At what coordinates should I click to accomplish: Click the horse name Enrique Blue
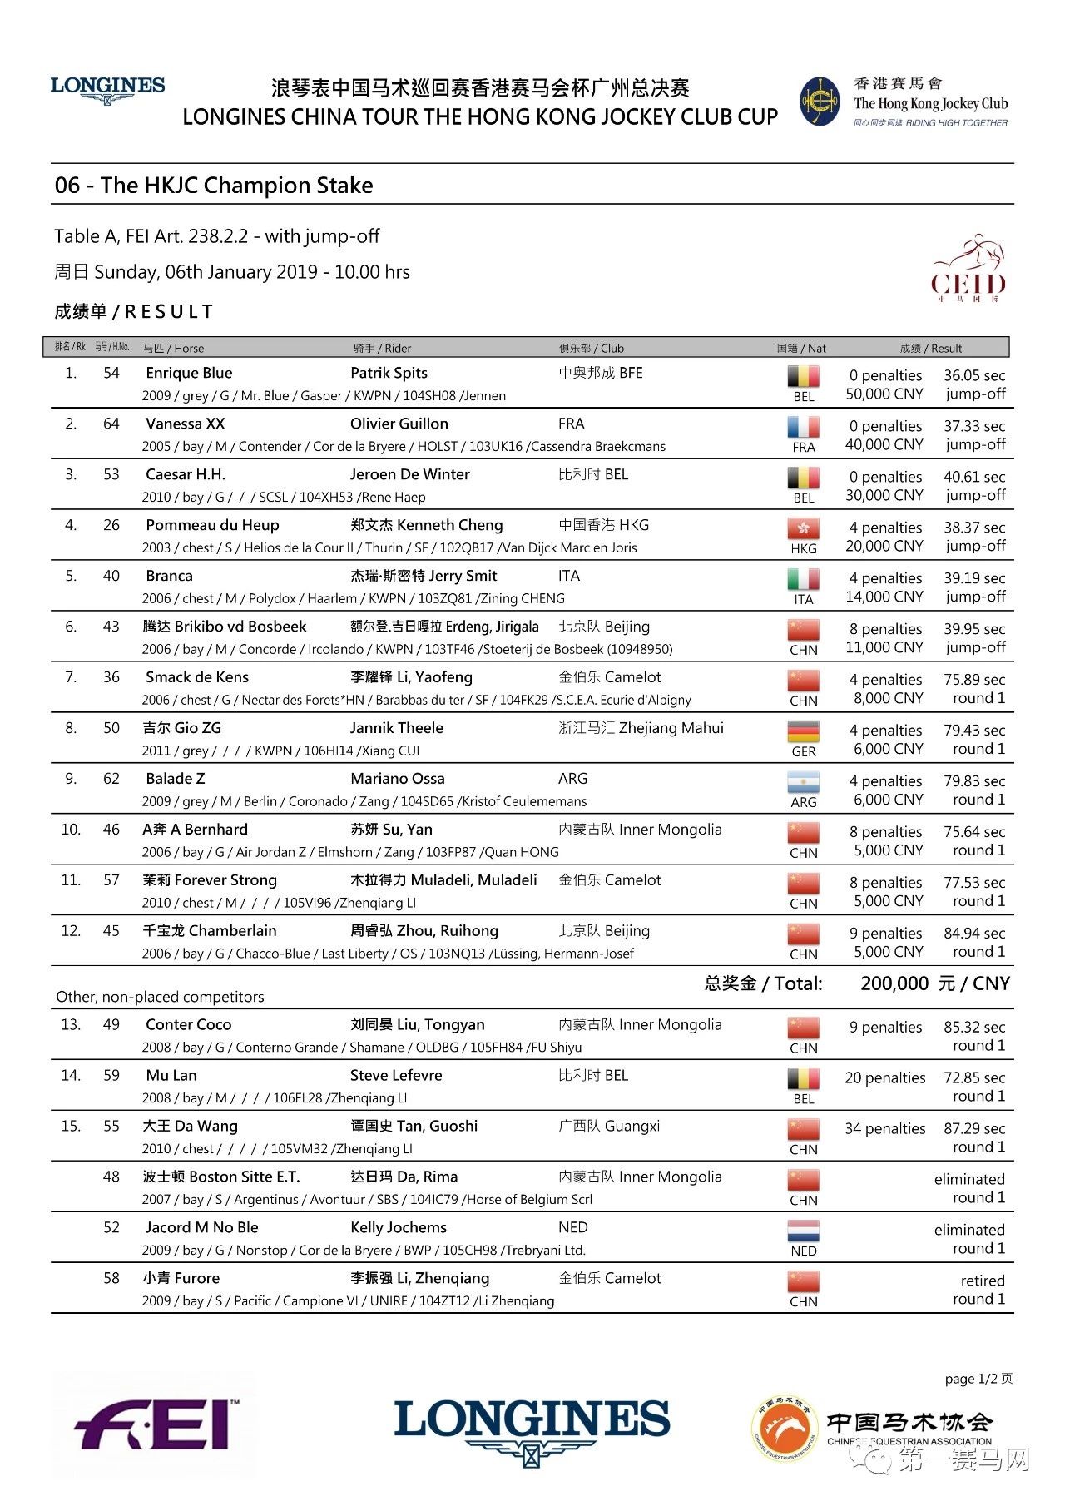point(189,373)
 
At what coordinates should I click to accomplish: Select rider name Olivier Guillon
point(399,424)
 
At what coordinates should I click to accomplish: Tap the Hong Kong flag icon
point(803,528)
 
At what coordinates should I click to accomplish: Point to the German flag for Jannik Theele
point(803,731)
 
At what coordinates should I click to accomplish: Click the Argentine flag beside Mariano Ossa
point(803,782)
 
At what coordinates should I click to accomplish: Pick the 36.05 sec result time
point(973,375)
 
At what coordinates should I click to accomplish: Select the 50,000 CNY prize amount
point(884,394)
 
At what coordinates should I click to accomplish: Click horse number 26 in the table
point(111,525)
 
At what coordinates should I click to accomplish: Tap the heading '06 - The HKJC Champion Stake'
point(214,185)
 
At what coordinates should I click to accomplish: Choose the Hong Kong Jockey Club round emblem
point(820,102)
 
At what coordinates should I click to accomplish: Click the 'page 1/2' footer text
point(978,1379)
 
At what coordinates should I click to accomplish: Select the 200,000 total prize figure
point(894,983)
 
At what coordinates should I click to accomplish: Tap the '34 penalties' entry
point(884,1128)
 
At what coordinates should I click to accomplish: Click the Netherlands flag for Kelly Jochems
point(803,1231)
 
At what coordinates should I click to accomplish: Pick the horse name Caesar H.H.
point(186,474)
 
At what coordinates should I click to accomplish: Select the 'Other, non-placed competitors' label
point(160,997)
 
